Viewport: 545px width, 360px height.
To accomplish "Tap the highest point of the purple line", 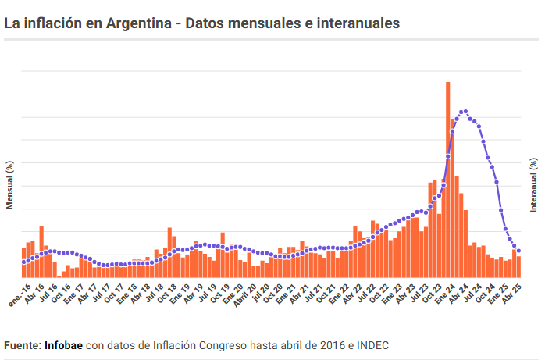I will pyautogui.click(x=465, y=111).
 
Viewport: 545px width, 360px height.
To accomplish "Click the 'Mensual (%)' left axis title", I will pyautogui.click(x=10, y=185).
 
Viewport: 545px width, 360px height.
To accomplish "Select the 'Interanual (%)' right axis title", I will pyautogui.click(x=534, y=185).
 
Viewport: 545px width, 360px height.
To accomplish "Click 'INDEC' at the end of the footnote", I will pyautogui.click(x=372, y=344).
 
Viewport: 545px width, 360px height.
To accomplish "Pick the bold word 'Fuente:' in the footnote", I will pyautogui.click(x=23, y=344).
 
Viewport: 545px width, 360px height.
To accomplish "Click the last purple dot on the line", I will pyautogui.click(x=518, y=251).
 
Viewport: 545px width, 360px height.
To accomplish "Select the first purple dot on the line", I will pyautogui.click(x=23, y=263).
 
